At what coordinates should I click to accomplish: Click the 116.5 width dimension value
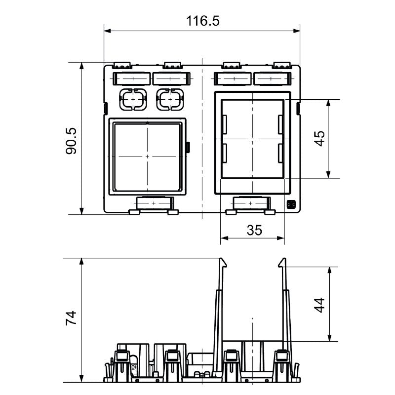[x=202, y=21]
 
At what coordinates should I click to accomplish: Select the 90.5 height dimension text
[x=71, y=141]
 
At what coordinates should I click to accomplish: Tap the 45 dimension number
[x=319, y=139]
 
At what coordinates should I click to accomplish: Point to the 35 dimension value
[x=252, y=230]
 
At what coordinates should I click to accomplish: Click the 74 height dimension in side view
[x=71, y=318]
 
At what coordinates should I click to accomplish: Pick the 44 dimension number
[x=319, y=305]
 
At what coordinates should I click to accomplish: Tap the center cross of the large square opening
[x=147, y=156]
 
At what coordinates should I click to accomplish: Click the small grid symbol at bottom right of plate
[x=290, y=204]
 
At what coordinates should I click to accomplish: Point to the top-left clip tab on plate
[x=122, y=65]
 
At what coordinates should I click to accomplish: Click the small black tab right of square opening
[x=189, y=146]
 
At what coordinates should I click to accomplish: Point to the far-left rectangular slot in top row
[x=131, y=79]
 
